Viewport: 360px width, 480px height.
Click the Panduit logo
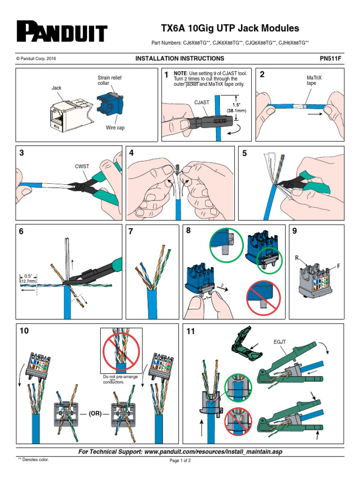62,32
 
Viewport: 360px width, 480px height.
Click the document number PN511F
331,59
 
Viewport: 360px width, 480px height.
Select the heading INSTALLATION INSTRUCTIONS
180,59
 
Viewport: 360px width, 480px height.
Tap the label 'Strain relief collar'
109,80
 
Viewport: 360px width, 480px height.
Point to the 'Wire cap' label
114,127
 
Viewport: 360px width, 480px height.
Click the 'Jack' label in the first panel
56,88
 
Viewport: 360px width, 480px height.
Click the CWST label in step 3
82,166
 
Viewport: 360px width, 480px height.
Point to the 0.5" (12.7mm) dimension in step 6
28,278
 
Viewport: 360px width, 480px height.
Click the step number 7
131,231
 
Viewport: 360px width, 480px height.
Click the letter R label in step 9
297,258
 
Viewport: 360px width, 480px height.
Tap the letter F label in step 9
337,266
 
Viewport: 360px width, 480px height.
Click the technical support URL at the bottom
180,451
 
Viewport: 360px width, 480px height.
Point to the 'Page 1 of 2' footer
180,461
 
